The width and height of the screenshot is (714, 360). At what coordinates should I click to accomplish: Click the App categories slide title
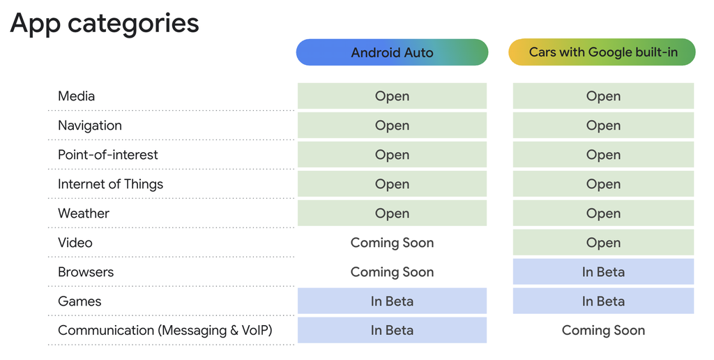pos(105,23)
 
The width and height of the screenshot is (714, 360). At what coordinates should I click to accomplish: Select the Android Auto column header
pos(392,52)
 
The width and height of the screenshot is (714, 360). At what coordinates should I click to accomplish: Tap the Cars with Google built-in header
pos(602,52)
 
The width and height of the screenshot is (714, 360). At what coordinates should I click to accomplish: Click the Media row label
pos(76,96)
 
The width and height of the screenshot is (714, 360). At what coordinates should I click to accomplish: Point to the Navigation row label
pos(89,126)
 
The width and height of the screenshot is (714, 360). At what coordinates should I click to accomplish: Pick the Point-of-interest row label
pos(107,155)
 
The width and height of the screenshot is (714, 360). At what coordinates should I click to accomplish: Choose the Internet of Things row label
pos(110,184)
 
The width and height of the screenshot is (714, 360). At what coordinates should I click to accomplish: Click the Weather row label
pos(83,213)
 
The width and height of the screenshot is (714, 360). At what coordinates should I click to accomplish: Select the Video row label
pos(75,243)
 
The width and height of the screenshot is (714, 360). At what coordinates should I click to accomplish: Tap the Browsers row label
pos(85,272)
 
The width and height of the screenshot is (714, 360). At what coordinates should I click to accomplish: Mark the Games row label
pos(79,301)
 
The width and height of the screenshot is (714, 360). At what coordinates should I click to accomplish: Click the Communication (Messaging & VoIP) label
pos(165,331)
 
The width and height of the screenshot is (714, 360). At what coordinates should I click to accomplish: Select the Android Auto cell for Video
pos(392,243)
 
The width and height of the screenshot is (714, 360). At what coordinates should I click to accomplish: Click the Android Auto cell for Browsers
pos(392,272)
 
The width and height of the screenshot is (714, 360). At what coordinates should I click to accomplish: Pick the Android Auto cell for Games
pos(392,301)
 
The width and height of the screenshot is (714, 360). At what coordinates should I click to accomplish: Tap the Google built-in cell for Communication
pos(603,331)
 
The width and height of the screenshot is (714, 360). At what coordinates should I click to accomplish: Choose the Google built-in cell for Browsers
pos(603,272)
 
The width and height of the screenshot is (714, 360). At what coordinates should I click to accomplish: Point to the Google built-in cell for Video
pos(603,243)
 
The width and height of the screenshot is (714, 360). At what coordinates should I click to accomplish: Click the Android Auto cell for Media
pos(392,96)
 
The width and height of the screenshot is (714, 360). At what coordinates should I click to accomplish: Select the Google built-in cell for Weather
pos(603,213)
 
